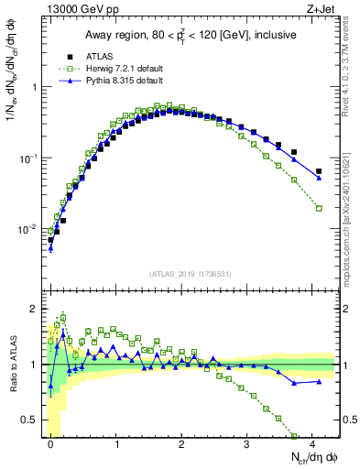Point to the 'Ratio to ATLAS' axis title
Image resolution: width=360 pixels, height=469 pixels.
click(x=12, y=364)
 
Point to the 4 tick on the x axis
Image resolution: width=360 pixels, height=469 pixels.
click(x=312, y=443)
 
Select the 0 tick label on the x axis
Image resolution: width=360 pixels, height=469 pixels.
click(x=51, y=443)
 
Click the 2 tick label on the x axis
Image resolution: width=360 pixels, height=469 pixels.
click(x=182, y=443)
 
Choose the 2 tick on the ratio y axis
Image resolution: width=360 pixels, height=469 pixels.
click(x=37, y=308)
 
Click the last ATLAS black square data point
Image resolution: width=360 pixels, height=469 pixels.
click(x=319, y=171)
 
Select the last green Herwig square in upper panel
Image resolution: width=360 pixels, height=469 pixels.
click(x=319, y=208)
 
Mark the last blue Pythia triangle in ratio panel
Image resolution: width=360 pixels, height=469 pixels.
click(x=319, y=381)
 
